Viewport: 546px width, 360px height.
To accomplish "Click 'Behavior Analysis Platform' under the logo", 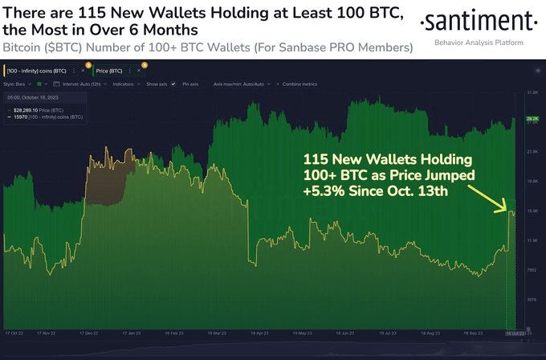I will coord(480,41).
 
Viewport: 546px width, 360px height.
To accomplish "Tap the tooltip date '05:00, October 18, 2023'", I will coord(40,97).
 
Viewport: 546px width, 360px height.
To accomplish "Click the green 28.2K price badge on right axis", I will coord(531,118).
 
